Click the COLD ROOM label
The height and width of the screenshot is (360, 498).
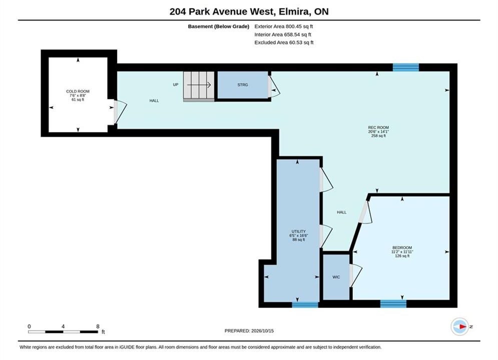[78, 91]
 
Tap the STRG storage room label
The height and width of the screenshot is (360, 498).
[243, 84]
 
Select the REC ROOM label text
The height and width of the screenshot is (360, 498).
[378, 127]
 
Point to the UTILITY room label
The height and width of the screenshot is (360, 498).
[298, 231]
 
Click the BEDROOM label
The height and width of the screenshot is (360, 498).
[402, 247]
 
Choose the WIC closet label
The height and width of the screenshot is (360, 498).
[336, 277]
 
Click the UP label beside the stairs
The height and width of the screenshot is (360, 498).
[176, 84]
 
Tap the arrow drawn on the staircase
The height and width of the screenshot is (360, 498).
[199, 85]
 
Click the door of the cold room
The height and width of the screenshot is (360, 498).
[121, 111]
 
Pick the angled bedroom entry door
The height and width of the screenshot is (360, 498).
[365, 212]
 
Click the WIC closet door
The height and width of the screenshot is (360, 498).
[356, 275]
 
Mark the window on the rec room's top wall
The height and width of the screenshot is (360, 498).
[405, 67]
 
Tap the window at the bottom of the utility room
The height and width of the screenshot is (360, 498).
[305, 305]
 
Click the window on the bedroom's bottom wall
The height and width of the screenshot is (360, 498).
[393, 304]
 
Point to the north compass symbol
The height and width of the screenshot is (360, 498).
[460, 326]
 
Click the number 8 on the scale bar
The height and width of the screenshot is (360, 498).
[98, 326]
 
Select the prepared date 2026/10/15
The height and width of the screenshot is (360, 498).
[262, 331]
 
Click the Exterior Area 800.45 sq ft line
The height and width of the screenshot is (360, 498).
[284, 26]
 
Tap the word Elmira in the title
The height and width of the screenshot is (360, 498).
[293, 11]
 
